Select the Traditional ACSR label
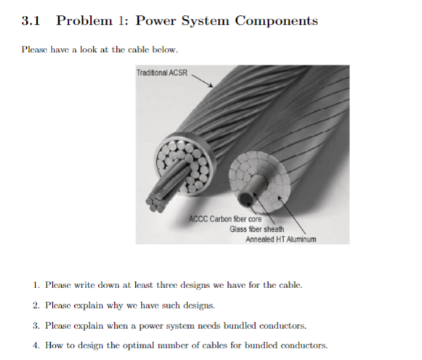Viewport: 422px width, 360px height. point(161,73)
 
